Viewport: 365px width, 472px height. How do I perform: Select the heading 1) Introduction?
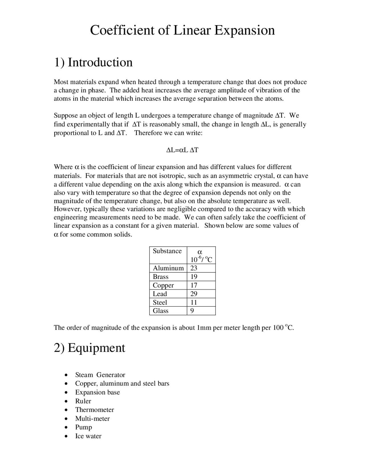tap(93, 62)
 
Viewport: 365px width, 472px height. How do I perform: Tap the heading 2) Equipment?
tap(90, 348)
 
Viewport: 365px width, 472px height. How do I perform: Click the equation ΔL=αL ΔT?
tap(182, 150)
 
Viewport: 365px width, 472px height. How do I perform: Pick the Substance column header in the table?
tap(167, 251)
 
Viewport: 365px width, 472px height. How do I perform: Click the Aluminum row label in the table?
tap(168, 268)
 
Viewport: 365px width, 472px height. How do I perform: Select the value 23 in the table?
tap(194, 268)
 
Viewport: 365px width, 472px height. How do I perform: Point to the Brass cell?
tap(161, 277)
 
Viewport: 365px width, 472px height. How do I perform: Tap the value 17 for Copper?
tap(194, 285)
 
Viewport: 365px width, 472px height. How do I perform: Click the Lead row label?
tap(160, 294)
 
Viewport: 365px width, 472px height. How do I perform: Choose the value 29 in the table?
tap(194, 294)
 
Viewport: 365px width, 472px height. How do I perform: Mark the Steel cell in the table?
tap(160, 302)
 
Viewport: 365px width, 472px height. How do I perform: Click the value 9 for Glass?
tap(192, 311)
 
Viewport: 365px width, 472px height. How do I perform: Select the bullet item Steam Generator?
tap(100, 375)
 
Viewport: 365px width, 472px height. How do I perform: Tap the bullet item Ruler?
tap(83, 401)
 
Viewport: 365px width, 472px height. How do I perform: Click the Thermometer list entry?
tap(94, 410)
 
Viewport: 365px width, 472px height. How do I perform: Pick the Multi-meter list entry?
tap(92, 419)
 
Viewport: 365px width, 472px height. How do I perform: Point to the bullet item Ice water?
tap(88, 436)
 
